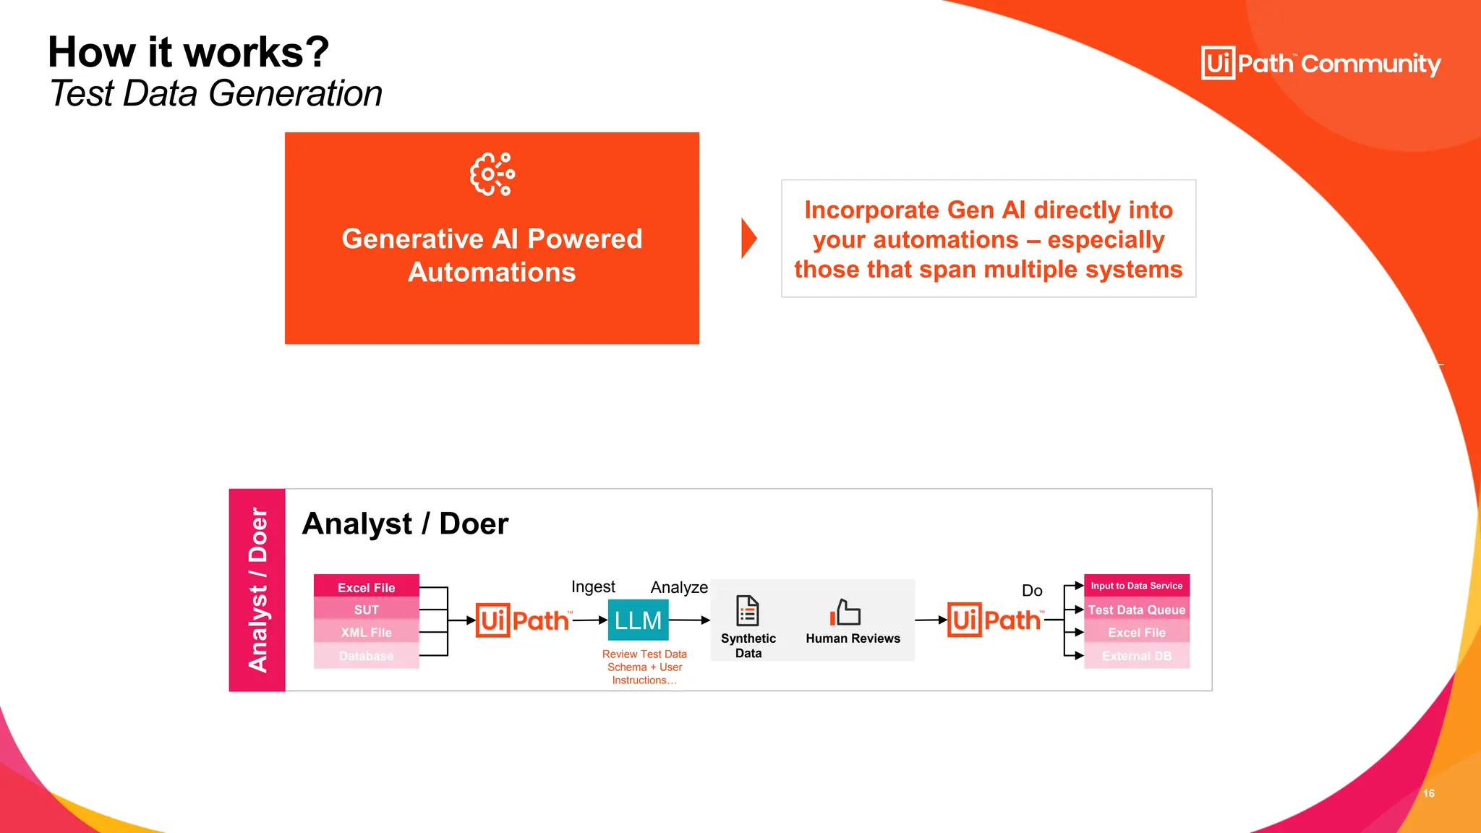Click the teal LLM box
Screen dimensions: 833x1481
638,620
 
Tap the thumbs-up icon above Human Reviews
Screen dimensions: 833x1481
845,612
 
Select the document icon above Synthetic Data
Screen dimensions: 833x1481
747,611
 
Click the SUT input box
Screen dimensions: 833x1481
366,610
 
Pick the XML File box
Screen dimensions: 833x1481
366,632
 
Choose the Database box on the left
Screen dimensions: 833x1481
366,656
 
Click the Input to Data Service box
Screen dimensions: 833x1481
1136,586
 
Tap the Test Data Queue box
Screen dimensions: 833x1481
1136,610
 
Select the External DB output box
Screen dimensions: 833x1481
1136,656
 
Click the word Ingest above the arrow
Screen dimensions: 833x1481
593,586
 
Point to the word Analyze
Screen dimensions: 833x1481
678,587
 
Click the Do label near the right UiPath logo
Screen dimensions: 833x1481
1032,590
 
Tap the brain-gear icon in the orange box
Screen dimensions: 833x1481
492,174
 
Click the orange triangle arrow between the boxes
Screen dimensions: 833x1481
748,239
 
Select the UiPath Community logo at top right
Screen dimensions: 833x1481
1320,64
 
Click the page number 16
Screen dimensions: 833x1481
1428,793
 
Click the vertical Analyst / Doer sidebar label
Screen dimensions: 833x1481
257,589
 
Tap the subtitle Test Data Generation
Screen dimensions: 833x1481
215,94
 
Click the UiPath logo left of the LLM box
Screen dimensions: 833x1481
523,620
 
